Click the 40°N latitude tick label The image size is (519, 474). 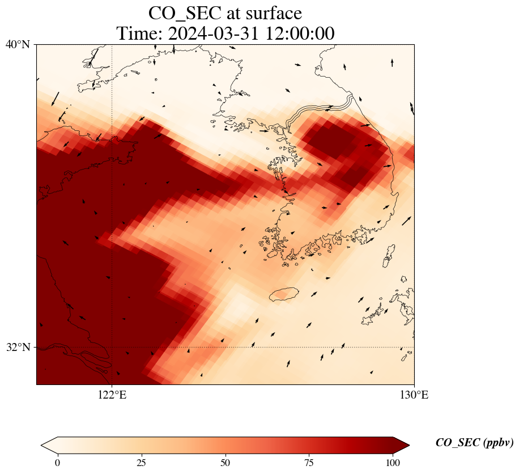tap(18, 44)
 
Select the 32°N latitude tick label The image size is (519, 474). tap(18, 347)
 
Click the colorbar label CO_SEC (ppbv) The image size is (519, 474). tap(474, 443)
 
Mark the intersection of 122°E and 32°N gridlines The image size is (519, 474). tap(112, 347)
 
